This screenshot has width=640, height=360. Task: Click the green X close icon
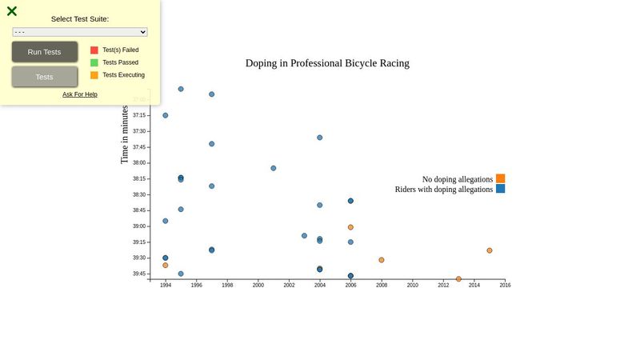(12, 11)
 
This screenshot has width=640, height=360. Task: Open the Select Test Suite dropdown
(80, 32)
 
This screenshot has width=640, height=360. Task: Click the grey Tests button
(45, 77)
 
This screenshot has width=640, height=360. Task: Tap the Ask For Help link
(80, 94)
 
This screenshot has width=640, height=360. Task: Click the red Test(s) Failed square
(94, 50)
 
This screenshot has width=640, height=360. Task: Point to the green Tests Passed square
(94, 62)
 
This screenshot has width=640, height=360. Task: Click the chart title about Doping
(327, 63)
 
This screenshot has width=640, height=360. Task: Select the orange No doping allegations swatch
(500, 179)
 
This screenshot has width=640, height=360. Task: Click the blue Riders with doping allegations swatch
(500, 190)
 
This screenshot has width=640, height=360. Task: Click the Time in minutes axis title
(125, 134)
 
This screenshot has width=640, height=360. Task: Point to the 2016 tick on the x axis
(505, 285)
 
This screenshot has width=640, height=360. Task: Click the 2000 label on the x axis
(258, 285)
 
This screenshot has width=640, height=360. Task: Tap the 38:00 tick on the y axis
(140, 162)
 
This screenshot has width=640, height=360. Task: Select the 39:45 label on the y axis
(140, 274)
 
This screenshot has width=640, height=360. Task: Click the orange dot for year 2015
(490, 250)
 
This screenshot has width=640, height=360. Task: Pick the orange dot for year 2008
(382, 260)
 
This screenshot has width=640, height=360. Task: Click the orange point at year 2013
(458, 279)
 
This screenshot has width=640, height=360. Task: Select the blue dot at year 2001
(274, 168)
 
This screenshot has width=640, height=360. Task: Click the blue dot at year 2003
(304, 236)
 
